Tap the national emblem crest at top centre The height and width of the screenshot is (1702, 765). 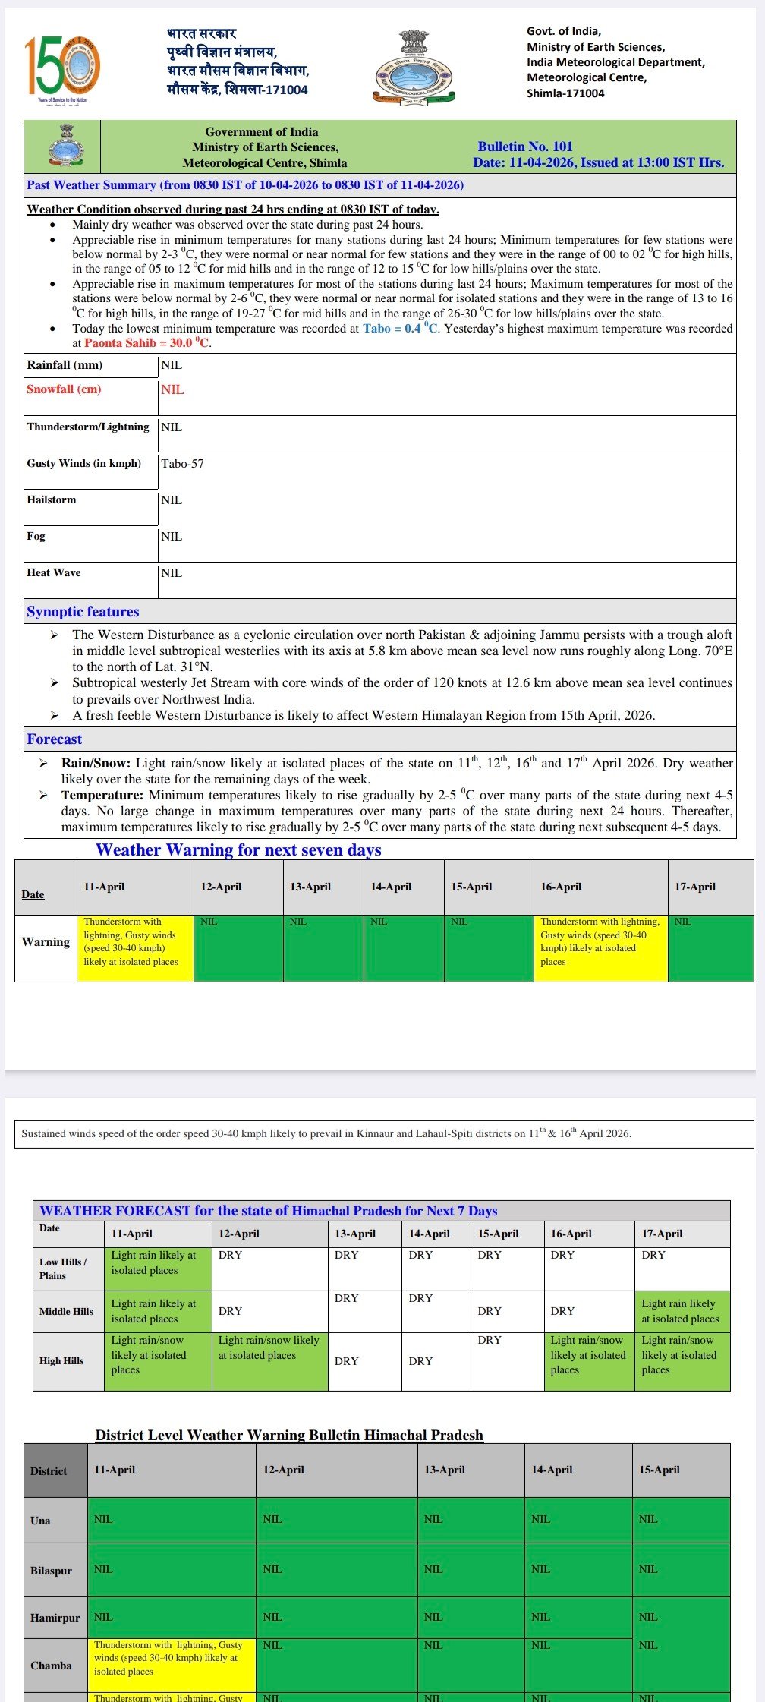414,67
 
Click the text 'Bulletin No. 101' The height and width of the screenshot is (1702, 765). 524,147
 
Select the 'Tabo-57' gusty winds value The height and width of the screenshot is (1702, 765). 182,464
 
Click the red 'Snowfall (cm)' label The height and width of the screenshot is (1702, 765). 64,389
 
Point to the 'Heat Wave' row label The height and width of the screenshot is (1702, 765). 53,573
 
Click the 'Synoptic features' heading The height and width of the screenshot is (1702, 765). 83,612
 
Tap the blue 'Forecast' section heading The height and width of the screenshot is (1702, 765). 54,739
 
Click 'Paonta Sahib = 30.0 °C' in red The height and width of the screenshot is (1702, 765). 147,343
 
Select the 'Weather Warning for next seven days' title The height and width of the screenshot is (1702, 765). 238,850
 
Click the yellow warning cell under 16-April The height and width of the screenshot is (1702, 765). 600,947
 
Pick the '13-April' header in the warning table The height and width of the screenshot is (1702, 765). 310,887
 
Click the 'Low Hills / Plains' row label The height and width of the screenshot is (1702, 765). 64,1269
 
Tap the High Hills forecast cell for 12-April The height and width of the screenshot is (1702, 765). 269,1360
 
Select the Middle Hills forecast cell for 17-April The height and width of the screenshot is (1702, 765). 681,1311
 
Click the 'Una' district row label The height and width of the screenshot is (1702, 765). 40,1521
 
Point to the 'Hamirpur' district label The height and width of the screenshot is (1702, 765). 55,1618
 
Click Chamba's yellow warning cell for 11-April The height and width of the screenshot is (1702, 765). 172,1665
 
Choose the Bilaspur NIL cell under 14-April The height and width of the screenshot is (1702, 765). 577,1569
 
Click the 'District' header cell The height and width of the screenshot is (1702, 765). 49,1471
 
